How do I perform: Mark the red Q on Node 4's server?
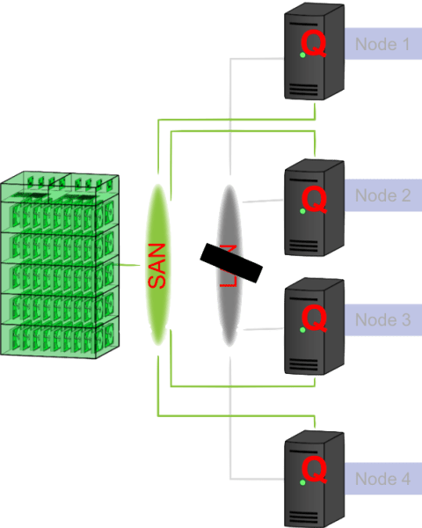(x=314, y=471)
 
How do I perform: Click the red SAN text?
(x=156, y=266)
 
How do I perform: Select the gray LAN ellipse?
(x=229, y=220)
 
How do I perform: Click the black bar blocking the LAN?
(x=230, y=263)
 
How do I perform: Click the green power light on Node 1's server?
(x=302, y=55)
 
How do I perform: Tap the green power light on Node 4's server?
(x=302, y=481)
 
